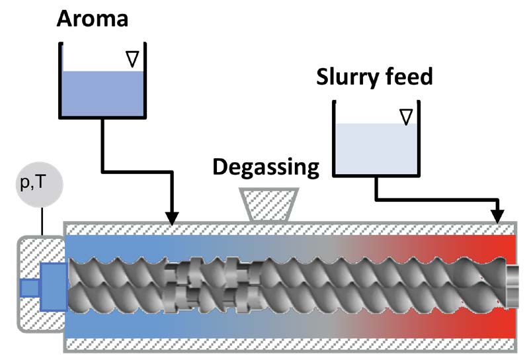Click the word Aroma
coord(93,19)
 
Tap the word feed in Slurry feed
coord(409,77)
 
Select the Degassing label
coord(266,167)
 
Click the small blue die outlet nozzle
coord(29,288)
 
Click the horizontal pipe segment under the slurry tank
coord(436,198)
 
